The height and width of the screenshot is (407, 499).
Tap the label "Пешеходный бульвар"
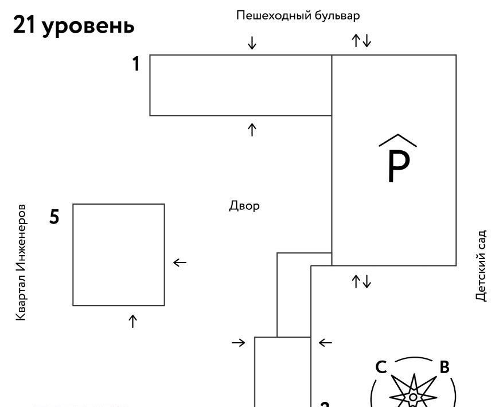(298, 15)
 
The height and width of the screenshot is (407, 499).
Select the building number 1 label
(136, 64)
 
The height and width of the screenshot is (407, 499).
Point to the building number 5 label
(54, 217)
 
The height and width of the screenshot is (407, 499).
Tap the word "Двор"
(244, 205)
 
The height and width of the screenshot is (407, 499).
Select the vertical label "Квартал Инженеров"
(21, 261)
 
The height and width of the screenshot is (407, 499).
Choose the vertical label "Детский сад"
(481, 266)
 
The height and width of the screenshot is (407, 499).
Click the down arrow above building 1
(252, 42)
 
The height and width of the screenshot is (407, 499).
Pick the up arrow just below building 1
(252, 130)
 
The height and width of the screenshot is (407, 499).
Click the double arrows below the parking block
(362, 281)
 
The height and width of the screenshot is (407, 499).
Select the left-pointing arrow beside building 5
(180, 263)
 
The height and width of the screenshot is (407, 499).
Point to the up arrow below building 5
(132, 320)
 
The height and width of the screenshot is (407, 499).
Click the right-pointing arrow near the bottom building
(238, 343)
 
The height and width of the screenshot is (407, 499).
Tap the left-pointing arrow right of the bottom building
(325, 343)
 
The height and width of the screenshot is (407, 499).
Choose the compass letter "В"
(444, 367)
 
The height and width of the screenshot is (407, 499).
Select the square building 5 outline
(119, 255)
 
